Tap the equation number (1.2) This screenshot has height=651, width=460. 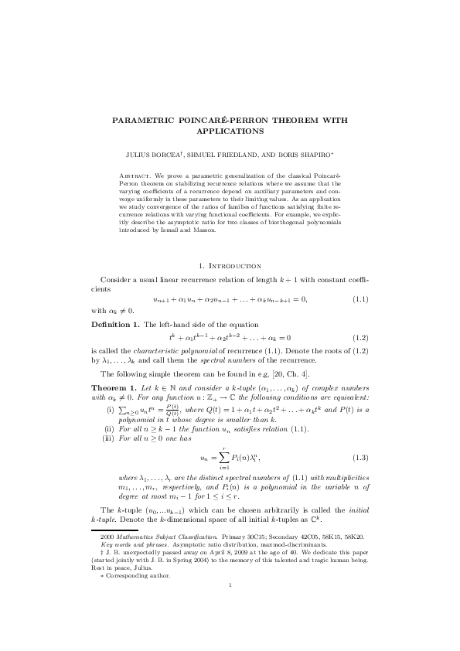pyautogui.click(x=359, y=338)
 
